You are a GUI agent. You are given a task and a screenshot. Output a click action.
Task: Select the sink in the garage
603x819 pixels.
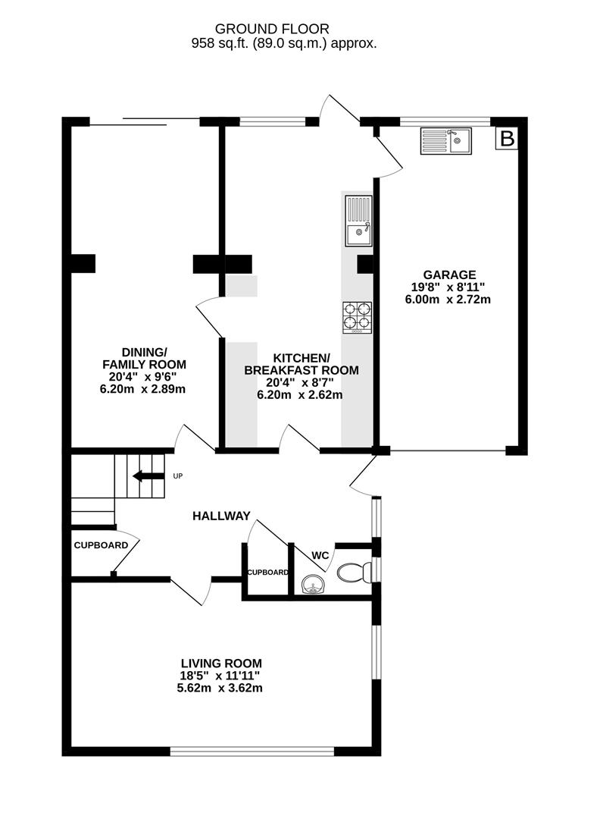click(x=446, y=140)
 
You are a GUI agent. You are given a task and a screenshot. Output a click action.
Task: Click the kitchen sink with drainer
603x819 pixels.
click(x=358, y=221)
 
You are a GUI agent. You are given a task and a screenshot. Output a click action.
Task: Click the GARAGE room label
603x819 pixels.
click(x=449, y=275)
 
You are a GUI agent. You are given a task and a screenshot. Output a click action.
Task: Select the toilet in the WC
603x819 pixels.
click(x=352, y=571)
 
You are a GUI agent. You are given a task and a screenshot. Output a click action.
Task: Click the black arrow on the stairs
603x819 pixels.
click(x=148, y=476)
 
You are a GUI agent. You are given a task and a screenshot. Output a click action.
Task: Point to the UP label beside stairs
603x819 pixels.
click(x=178, y=476)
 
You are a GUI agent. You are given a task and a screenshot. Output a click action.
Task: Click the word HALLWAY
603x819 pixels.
click(x=220, y=516)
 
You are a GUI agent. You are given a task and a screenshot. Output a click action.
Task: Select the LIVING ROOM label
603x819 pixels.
click(x=221, y=663)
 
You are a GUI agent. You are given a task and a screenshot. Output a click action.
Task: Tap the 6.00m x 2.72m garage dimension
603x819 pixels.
click(x=448, y=299)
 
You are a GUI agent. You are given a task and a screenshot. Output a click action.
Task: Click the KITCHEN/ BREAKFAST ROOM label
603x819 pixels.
click(x=301, y=364)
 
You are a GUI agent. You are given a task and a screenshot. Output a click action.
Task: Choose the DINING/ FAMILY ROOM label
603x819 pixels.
click(x=136, y=358)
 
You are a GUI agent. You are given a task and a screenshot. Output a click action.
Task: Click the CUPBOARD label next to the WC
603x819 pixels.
click(x=267, y=573)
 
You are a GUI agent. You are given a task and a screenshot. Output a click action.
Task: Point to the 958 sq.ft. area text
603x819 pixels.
click(x=283, y=44)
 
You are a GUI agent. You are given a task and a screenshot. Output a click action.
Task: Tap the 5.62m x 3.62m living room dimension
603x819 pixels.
click(x=221, y=688)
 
